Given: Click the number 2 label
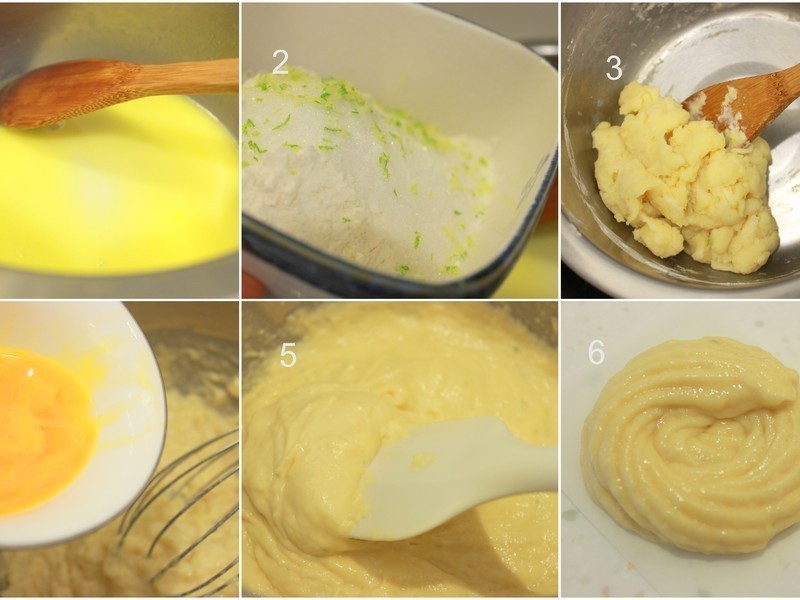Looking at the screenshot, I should (280, 62).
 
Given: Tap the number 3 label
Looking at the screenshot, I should (614, 67).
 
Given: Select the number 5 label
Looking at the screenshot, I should (288, 355).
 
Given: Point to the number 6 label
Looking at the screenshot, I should (596, 352).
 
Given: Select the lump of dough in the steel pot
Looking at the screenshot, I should (680, 180).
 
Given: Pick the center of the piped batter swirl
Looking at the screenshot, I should (700, 440).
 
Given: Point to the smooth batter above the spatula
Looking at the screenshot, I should (400, 370).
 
